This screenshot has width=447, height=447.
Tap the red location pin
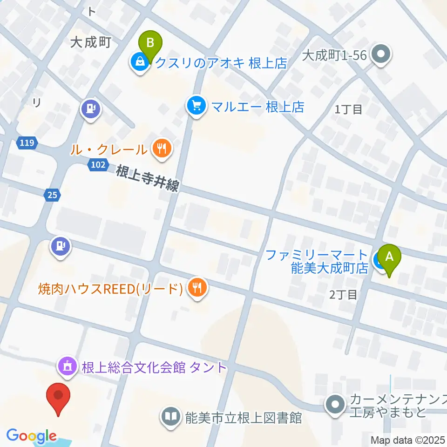[x=59, y=397]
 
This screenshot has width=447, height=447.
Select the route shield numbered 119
[x=27, y=143]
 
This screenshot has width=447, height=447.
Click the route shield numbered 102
[x=98, y=164]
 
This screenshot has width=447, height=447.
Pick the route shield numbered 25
[x=52, y=196]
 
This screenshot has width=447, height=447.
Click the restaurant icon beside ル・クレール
[x=162, y=149]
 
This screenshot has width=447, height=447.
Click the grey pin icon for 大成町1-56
[x=381, y=55]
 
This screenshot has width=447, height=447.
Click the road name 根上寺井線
[x=147, y=178]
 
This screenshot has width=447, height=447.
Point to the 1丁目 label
[x=348, y=109]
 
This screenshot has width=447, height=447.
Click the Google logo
[x=31, y=436]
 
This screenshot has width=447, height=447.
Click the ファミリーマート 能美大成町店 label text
[x=317, y=261]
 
